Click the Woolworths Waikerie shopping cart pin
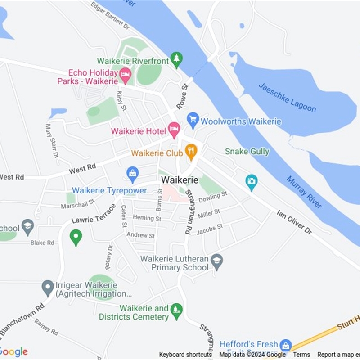coord(193,120)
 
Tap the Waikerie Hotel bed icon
coord(174,130)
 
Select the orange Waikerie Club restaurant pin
coord(191,152)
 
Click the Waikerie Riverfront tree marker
coord(177,59)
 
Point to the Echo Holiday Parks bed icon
coord(125,75)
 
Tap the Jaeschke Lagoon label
coord(287,97)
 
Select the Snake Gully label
coord(247,152)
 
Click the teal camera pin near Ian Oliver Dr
coord(252,181)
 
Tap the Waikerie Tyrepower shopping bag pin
coord(132,174)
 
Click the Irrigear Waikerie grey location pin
coord(48,286)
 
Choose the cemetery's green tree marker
coord(177,310)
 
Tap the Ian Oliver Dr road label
coord(294,221)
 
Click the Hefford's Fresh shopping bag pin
coord(285,345)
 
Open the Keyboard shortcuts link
coord(185,355)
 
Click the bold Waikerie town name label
coord(180,180)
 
